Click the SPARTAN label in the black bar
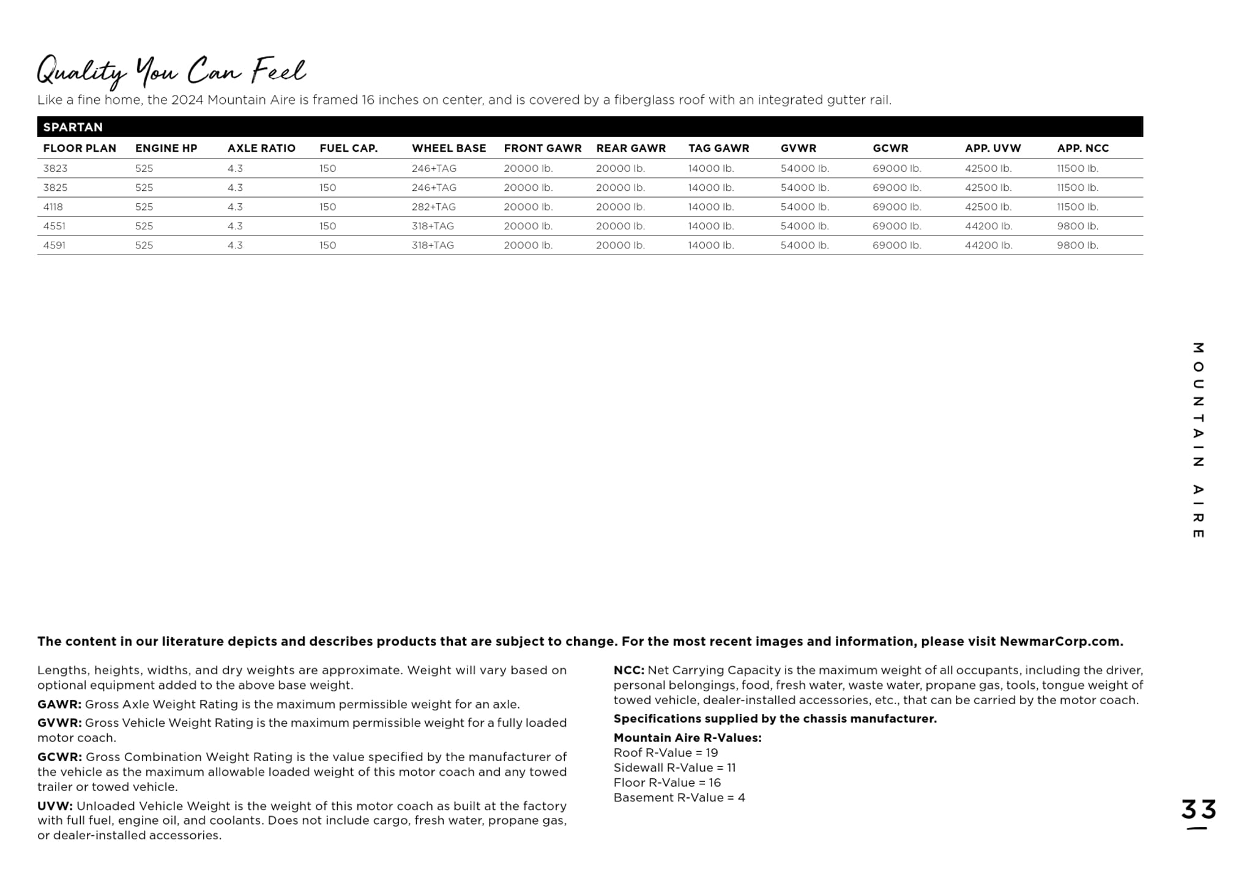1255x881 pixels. (73, 127)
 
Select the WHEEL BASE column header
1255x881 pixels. (449, 148)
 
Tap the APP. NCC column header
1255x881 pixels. (1082, 148)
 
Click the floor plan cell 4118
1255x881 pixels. (53, 207)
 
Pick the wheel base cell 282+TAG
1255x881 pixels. (433, 207)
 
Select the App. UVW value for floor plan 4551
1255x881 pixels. (988, 226)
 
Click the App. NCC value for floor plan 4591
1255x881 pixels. (1078, 245)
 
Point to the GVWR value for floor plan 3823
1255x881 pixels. (805, 168)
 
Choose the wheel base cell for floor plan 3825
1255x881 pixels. (434, 188)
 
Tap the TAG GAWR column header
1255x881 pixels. (718, 148)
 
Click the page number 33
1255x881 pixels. (1198, 810)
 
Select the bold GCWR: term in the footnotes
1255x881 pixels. (59, 757)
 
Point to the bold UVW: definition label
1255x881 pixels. (55, 806)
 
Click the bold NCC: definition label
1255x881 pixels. (628, 671)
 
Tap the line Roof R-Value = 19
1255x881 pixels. (666, 753)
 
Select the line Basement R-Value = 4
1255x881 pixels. (679, 798)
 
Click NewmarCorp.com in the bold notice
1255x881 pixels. (1061, 642)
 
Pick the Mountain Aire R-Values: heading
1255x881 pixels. (687, 738)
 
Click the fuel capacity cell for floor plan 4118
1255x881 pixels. (327, 207)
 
